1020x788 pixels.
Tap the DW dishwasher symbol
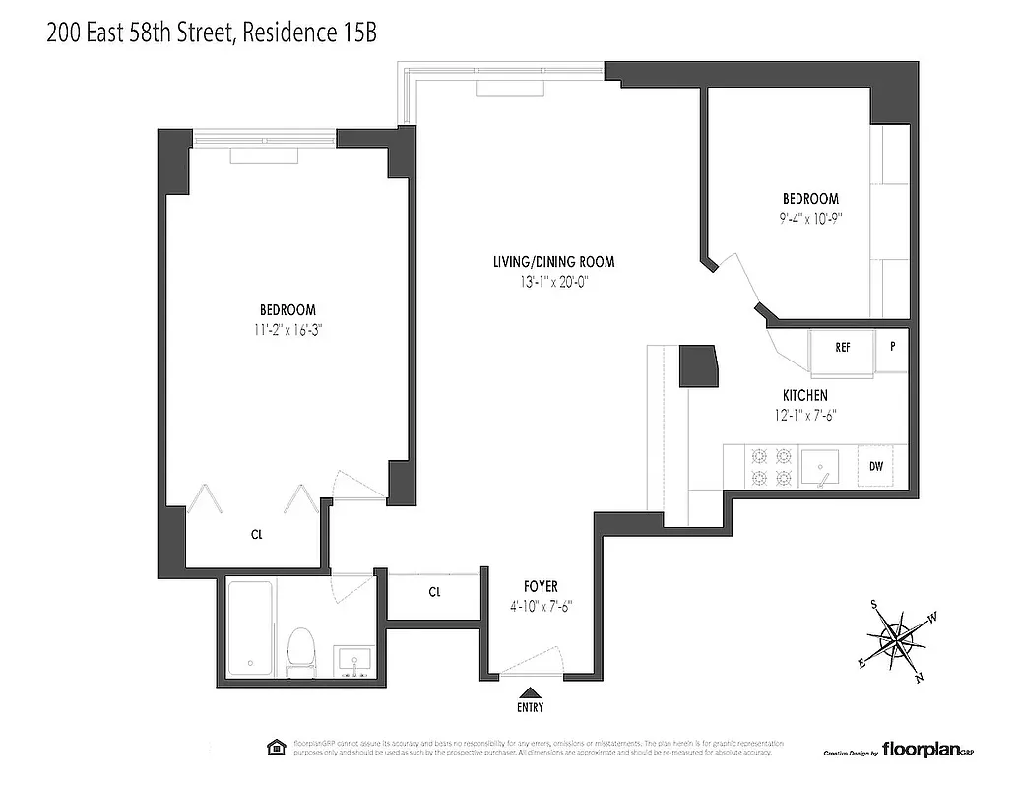875,466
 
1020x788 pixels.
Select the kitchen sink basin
819,464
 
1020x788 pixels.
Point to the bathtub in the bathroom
251,630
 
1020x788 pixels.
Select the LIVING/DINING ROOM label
554,262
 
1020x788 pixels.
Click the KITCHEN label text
806,396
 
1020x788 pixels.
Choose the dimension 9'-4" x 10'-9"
810,219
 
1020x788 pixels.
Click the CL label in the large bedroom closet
256,535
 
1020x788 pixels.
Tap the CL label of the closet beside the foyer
434,592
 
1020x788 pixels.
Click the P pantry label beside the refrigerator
893,347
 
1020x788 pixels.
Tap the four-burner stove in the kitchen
771,466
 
